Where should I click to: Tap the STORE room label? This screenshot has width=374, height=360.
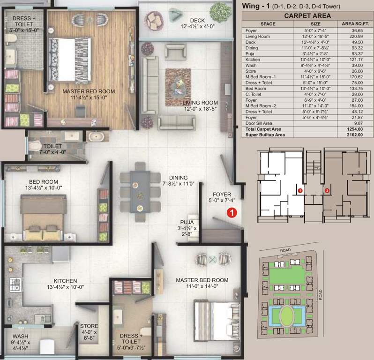pyautogui.click(x=89, y=326)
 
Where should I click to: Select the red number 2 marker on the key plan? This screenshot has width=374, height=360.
pyautogui.click(x=327, y=190)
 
